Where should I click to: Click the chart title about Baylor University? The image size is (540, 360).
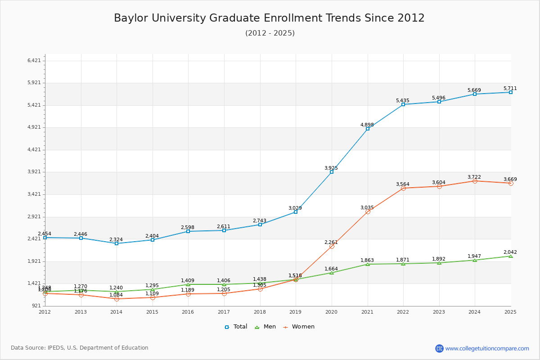point(269,18)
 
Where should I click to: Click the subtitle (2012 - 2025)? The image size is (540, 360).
point(270,33)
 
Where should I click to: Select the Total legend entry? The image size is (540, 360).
point(236,327)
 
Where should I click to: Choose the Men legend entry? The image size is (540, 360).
point(265,327)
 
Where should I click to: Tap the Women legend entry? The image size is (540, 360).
point(299,327)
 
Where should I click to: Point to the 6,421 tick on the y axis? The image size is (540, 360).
point(34,61)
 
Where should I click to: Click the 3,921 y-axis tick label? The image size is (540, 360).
point(34,172)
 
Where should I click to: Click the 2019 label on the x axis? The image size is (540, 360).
point(295,312)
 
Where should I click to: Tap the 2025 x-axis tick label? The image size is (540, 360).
point(510,312)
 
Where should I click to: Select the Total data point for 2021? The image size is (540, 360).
point(368,129)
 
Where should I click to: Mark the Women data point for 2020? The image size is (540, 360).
point(332,246)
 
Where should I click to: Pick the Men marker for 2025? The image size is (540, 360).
point(510,256)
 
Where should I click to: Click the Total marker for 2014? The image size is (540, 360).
point(117,243)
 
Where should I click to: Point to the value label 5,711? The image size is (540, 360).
point(510,89)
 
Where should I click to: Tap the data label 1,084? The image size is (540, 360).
point(116,295)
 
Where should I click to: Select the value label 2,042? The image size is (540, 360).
point(510,252)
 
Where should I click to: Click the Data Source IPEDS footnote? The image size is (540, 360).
point(80,348)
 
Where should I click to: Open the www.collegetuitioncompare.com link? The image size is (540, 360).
point(487,348)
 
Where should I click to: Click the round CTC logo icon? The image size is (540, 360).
point(439,348)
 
